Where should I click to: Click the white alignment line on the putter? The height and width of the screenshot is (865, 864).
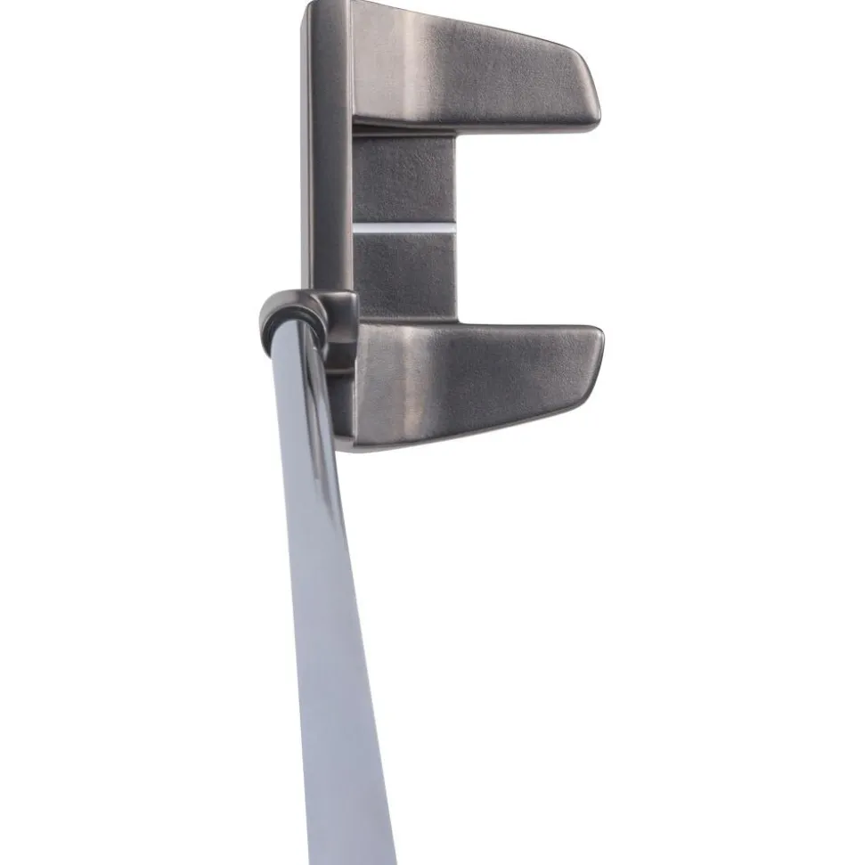point(405,229)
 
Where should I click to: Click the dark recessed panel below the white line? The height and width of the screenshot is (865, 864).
point(405,276)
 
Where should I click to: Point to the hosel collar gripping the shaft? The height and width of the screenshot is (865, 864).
point(307,325)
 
